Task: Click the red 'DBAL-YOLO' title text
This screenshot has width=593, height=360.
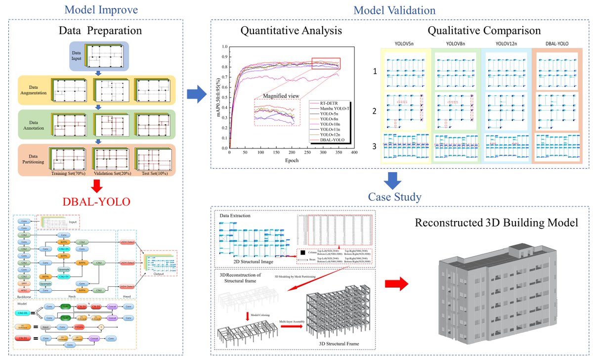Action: (96, 202)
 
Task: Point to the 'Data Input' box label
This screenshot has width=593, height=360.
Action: (76, 55)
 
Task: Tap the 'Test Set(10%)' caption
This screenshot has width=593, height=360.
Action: (156, 174)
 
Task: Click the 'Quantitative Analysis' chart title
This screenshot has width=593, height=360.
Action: (291, 31)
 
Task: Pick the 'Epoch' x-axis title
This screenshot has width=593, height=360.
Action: (291, 161)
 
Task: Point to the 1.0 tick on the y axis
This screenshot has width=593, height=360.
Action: (225, 47)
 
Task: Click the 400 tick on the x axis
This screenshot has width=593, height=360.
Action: (354, 153)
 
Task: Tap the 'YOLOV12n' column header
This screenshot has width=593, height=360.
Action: (505, 43)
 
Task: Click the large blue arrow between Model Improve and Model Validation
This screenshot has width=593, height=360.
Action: (197, 94)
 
